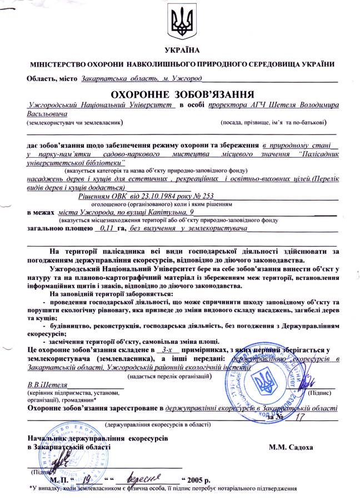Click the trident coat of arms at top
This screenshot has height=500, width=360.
182,23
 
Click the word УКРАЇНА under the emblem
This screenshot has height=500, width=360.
182,51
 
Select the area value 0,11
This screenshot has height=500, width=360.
104,228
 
